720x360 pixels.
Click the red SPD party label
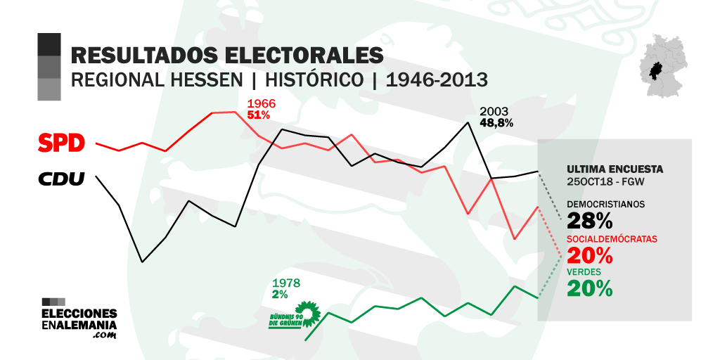coord(61,143)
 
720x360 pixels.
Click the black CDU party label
coord(61,179)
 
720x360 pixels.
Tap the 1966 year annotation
coord(261,104)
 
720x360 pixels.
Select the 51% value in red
coord(259,115)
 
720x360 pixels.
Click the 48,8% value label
coord(496,122)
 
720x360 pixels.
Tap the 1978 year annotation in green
coord(286,283)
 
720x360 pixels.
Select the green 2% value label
coord(280,294)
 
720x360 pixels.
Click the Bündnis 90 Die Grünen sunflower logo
coord(307,311)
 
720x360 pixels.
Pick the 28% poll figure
coord(589,221)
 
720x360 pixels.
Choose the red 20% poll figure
coord(589,255)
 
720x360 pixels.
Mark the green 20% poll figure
coord(589,289)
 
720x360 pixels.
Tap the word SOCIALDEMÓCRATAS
coord(612,239)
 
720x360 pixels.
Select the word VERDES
coord(584,272)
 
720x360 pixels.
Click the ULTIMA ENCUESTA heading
coord(615,169)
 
